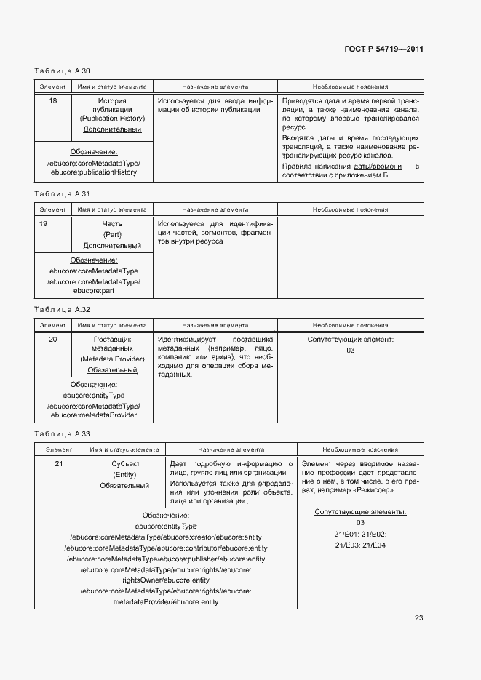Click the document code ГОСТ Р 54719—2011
pyautogui.click(x=384, y=49)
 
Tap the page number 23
pyautogui.click(x=418, y=618)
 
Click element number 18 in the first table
pyautogui.click(x=53, y=100)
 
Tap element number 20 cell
pyautogui.click(x=53, y=339)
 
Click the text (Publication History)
pyautogui.click(x=112, y=119)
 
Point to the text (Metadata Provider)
pyautogui.click(x=112, y=359)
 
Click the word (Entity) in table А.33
pyautogui.click(x=124, y=474)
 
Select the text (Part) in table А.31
pyautogui.click(x=112, y=235)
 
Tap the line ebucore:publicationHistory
pyautogui.click(x=94, y=172)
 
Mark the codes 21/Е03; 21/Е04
pyautogui.click(x=360, y=545)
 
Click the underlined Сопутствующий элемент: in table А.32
pyautogui.click(x=351, y=340)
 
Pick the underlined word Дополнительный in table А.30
pyautogui.click(x=112, y=129)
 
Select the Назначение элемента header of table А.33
pyautogui.click(x=231, y=449)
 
